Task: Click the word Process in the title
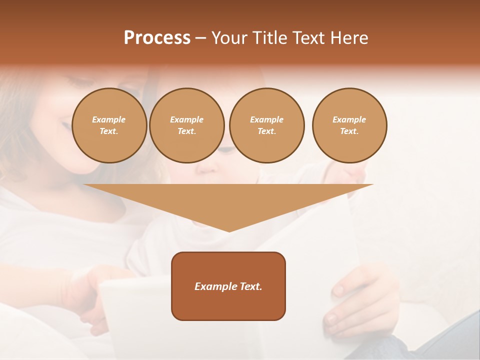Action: (x=157, y=38)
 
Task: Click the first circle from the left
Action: (x=109, y=125)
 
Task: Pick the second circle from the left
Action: (x=186, y=125)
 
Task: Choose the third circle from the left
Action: (x=266, y=125)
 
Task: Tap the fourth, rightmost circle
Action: (x=349, y=125)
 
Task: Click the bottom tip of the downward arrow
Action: (x=229, y=231)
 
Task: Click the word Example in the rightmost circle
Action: (x=349, y=119)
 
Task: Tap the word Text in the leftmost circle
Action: (x=108, y=131)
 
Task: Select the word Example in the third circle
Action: (x=266, y=119)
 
